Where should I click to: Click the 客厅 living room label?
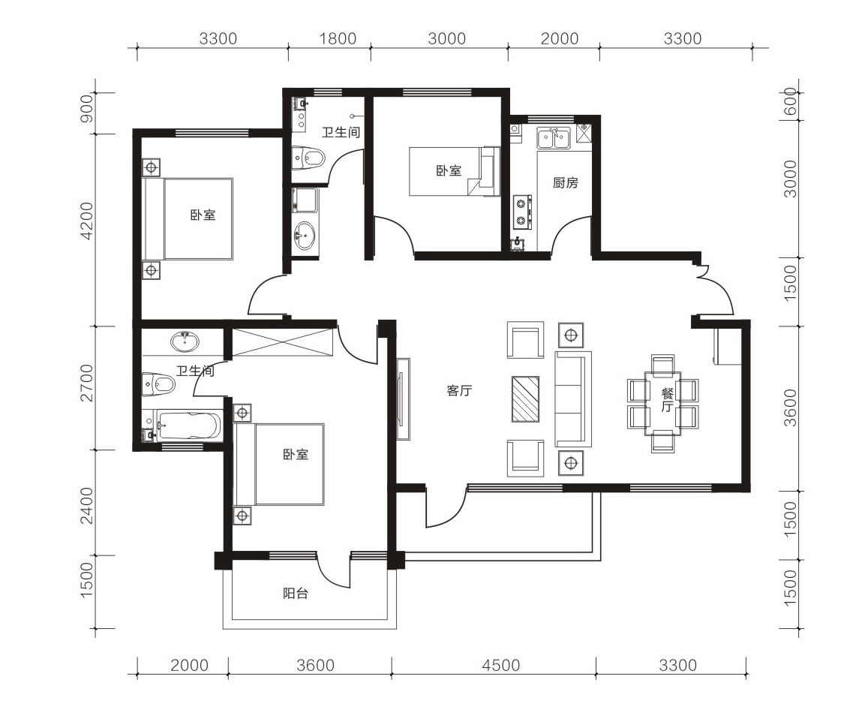coord(459,391)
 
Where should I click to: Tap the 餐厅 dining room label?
coord(667,400)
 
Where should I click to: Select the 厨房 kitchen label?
coord(565,182)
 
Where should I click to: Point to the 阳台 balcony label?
coord(296,593)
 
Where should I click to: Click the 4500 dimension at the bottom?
coord(501,665)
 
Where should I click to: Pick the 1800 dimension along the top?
coord(338,38)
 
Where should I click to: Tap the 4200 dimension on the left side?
coord(87,221)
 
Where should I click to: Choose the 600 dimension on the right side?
coord(789,102)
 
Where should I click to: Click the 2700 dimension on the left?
coord(87,383)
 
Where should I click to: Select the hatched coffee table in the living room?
coord(525,399)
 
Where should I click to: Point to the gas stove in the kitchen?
coord(522,212)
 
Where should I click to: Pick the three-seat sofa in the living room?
coord(573,399)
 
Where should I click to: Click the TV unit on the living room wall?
coord(403,399)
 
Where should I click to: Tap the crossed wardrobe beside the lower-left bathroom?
coord(283,342)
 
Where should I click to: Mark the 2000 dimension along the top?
coord(559,38)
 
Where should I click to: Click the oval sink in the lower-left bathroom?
coord(185,341)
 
